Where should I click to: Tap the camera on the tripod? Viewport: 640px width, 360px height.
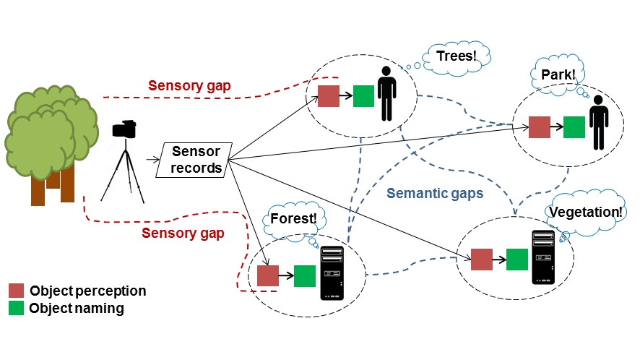pyautogui.click(x=125, y=129)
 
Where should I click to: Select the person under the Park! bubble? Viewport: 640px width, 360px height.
pyautogui.click(x=597, y=127)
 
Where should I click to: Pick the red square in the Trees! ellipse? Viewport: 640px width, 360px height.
pyautogui.click(x=329, y=96)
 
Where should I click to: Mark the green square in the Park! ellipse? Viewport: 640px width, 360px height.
pyautogui.click(x=574, y=127)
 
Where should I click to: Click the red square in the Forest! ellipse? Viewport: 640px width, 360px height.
pyautogui.click(x=268, y=275)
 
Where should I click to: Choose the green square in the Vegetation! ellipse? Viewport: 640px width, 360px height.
pyautogui.click(x=517, y=260)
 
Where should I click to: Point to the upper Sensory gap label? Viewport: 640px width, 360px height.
pyautogui.click(x=190, y=86)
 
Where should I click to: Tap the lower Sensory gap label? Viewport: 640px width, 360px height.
pyautogui.click(x=183, y=233)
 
